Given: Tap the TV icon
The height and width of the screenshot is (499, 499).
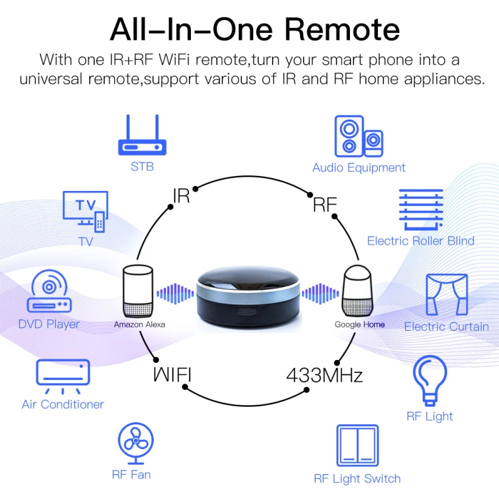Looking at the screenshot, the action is pos(85,211).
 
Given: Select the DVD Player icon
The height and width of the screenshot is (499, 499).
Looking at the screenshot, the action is pos(49,293).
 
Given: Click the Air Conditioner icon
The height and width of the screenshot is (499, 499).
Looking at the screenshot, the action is pos(62,375).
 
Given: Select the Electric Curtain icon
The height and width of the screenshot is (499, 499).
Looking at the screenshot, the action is pos(446,294).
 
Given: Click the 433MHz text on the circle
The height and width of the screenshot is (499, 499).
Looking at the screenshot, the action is pos(324,375).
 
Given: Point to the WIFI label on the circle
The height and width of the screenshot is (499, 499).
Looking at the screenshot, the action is pos(172,375).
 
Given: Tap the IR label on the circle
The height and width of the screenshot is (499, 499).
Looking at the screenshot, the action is pos(180,196).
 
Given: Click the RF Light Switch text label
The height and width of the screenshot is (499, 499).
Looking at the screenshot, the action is pos(357,479).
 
